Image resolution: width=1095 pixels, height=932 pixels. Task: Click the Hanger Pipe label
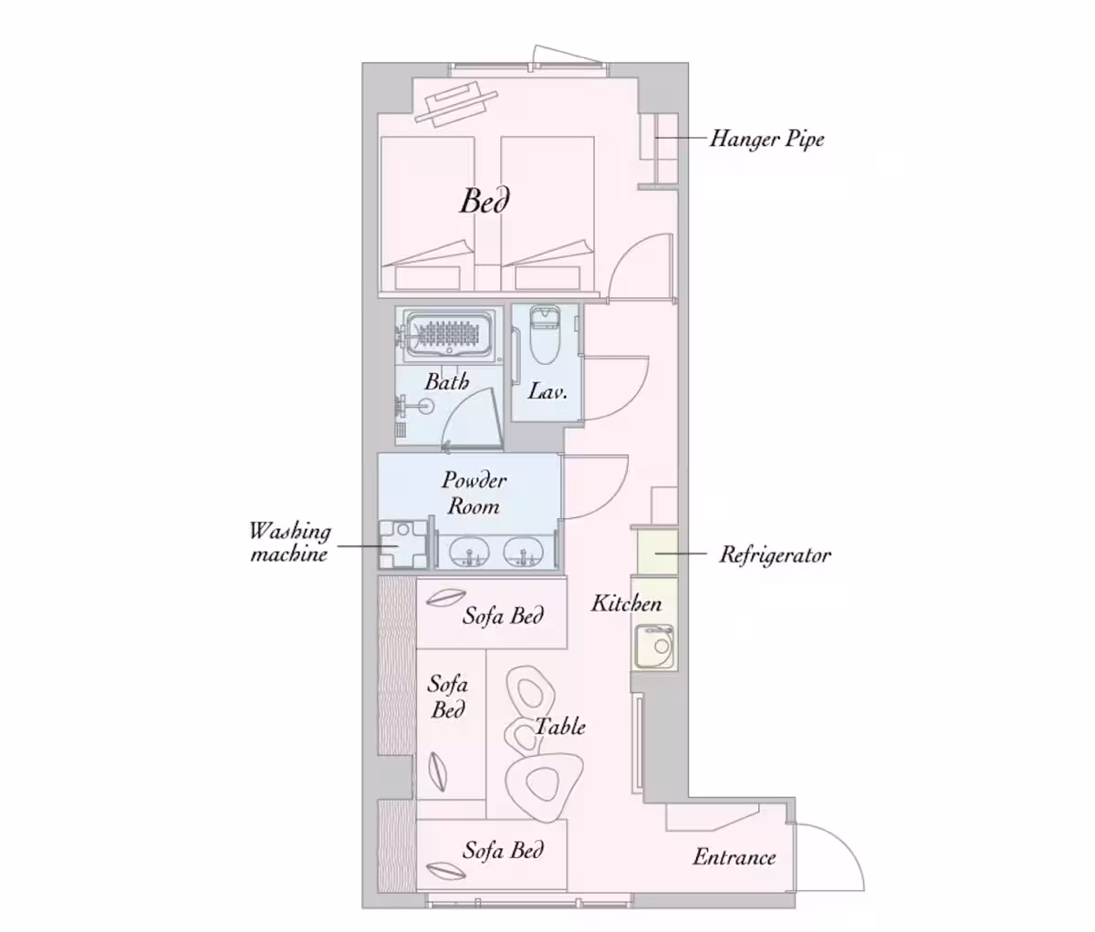pyautogui.click(x=766, y=140)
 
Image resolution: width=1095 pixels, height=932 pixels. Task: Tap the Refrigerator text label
pyautogui.click(x=775, y=554)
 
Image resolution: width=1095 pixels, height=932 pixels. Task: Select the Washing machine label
pyautogui.click(x=290, y=543)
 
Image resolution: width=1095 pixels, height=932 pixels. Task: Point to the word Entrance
pyautogui.click(x=735, y=857)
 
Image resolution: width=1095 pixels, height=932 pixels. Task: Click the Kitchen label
pyautogui.click(x=626, y=603)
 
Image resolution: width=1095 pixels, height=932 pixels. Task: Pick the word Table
pyautogui.click(x=560, y=726)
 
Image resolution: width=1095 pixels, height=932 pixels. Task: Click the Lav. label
pyautogui.click(x=547, y=391)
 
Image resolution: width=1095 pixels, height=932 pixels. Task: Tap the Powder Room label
pyautogui.click(x=474, y=493)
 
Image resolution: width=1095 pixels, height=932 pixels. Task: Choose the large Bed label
pyautogui.click(x=485, y=202)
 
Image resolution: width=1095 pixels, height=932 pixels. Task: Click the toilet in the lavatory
pyautogui.click(x=544, y=335)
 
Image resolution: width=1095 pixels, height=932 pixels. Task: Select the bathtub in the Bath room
pyautogui.click(x=449, y=336)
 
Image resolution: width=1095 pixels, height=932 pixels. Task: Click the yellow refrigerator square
pyautogui.click(x=657, y=551)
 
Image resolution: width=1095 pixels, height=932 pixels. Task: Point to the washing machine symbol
pyautogui.click(x=403, y=544)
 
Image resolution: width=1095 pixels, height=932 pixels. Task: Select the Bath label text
pyautogui.click(x=447, y=381)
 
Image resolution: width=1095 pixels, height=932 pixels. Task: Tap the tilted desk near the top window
pyautogui.click(x=456, y=104)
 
